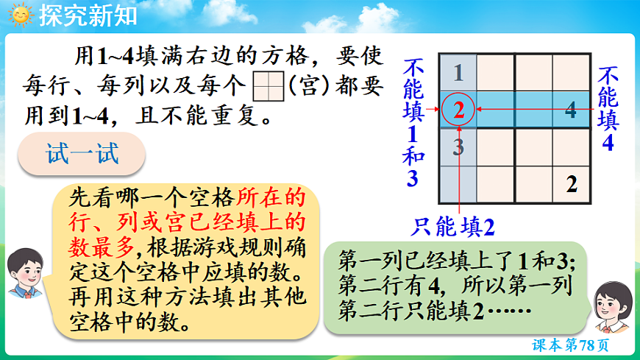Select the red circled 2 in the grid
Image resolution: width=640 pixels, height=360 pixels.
click(459, 110)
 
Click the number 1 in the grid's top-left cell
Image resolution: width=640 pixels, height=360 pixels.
click(459, 73)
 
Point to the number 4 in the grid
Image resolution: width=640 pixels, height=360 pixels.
click(571, 111)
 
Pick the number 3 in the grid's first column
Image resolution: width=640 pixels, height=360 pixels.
click(459, 147)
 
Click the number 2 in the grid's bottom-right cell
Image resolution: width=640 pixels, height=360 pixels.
click(572, 185)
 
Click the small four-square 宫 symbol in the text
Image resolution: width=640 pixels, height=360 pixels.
click(269, 88)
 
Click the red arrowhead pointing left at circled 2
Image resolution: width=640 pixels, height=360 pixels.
click(480, 110)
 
